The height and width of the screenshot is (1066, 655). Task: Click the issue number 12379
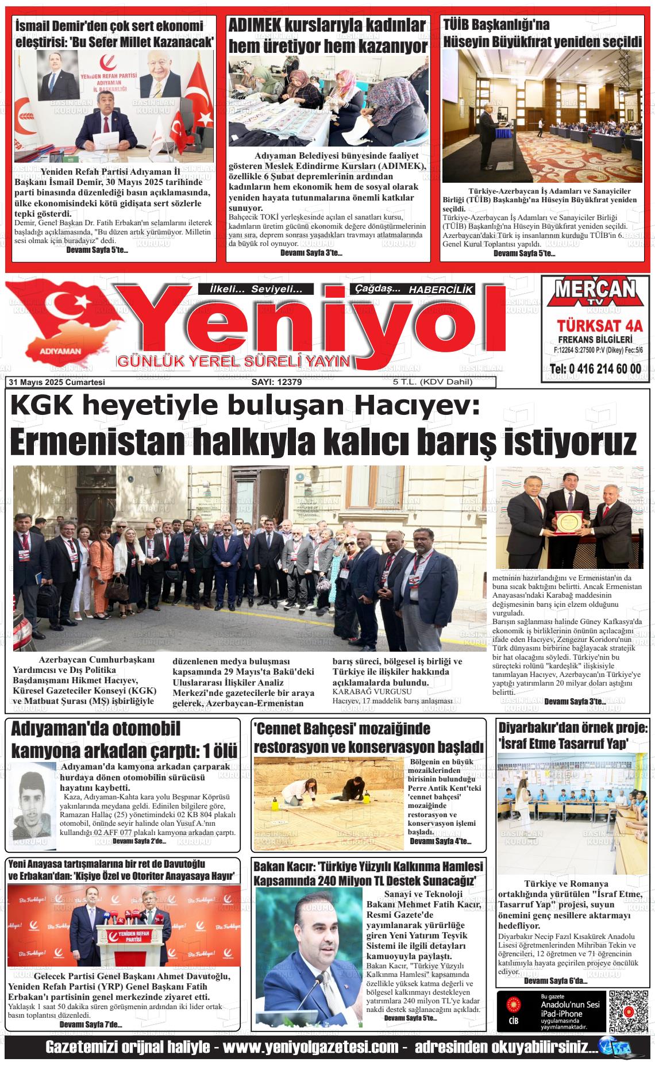(x=277, y=382)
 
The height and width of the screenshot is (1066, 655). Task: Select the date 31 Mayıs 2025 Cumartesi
(x=56, y=382)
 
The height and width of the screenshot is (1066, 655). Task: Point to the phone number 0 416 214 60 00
(x=595, y=369)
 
